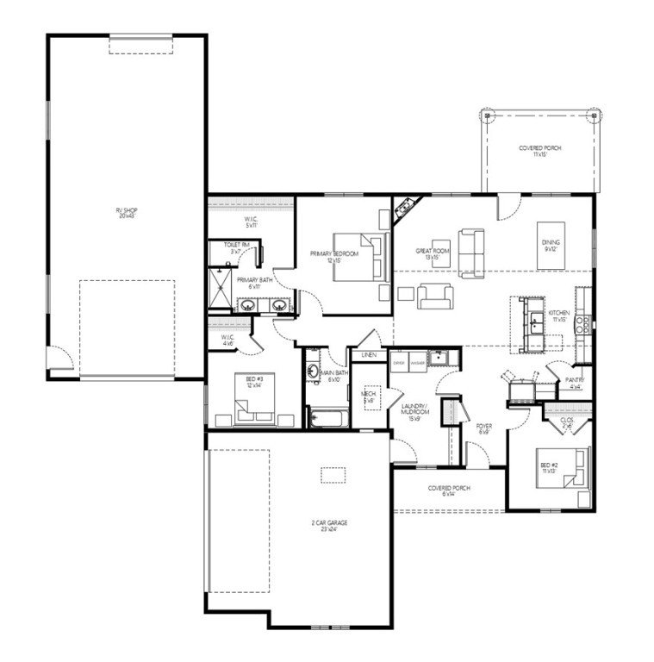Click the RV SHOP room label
pyautogui.click(x=126, y=212)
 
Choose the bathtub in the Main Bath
pyautogui.click(x=327, y=420)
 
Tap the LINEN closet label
pyautogui.click(x=369, y=354)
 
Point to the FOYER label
pyautogui.click(x=483, y=428)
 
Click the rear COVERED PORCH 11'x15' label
pyautogui.click(x=539, y=150)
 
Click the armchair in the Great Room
pyautogui.click(x=433, y=296)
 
